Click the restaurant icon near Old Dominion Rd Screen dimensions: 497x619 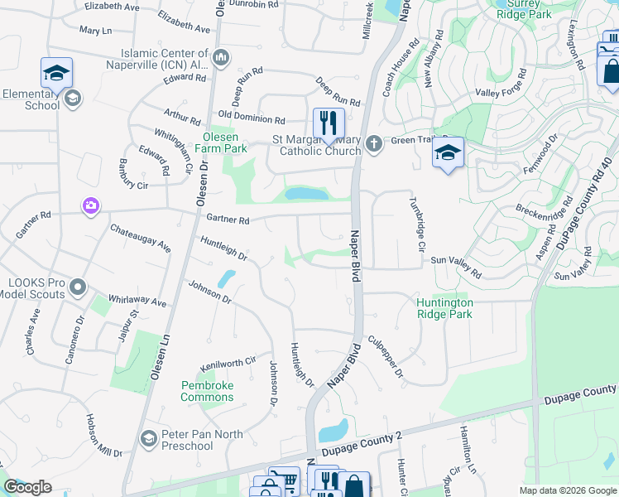(x=329, y=123)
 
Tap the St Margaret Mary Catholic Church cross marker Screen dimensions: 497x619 (x=373, y=144)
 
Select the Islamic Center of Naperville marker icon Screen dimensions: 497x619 (x=221, y=58)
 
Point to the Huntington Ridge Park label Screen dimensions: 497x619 (x=444, y=308)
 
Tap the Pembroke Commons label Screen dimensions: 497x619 (x=208, y=391)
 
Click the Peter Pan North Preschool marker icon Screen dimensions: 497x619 (x=149, y=437)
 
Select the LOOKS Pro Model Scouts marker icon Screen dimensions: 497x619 (x=78, y=287)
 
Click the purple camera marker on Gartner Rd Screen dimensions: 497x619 (x=90, y=205)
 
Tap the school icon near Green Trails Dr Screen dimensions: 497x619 (x=448, y=153)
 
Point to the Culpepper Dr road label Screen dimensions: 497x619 (x=385, y=357)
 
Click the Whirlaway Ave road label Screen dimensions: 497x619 (x=137, y=302)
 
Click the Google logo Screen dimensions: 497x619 (x=27, y=487)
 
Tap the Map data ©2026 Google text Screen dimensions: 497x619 (x=568, y=490)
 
